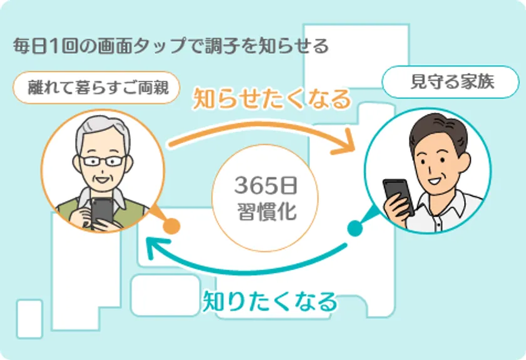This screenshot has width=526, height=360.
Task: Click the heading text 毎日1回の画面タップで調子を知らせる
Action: click(171, 46)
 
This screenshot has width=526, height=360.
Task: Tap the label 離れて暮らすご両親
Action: click(97, 88)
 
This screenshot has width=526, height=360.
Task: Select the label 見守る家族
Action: click(451, 82)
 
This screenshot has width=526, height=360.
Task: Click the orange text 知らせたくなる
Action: click(272, 99)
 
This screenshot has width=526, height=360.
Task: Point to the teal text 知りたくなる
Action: click(270, 301)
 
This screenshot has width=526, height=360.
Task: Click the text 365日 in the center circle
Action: click(266, 185)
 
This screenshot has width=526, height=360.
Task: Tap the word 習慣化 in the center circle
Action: click(267, 212)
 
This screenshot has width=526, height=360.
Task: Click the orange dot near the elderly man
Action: click(172, 226)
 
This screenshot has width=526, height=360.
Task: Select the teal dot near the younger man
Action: click(355, 228)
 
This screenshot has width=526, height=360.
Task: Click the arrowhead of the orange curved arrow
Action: click(346, 143)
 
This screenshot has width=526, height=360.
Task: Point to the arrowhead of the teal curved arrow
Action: click(155, 247)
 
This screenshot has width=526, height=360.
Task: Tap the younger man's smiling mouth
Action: click(435, 182)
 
